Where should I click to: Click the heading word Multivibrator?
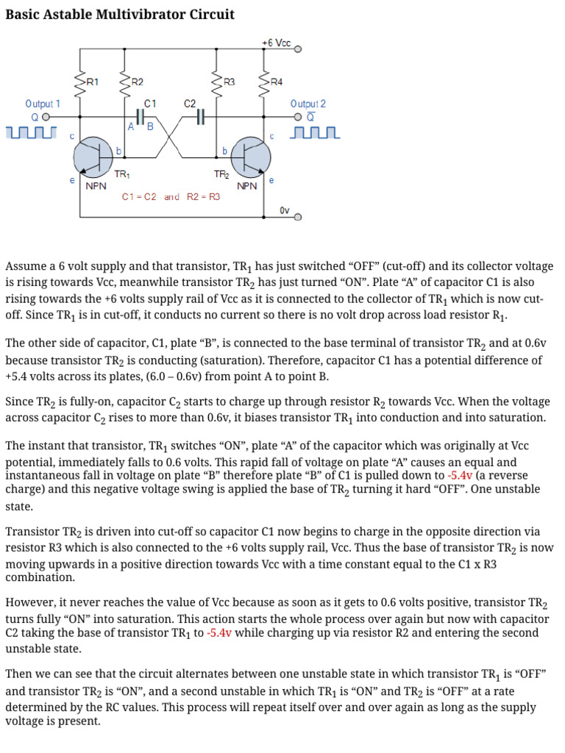(146, 14)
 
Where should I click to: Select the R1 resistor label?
(93, 82)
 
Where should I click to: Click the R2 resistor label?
(137, 82)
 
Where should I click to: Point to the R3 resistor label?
(229, 82)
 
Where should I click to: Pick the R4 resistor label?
(276, 82)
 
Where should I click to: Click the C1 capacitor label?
(150, 104)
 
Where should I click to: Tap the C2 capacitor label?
(190, 104)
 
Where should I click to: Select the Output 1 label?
(43, 104)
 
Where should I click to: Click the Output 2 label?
(308, 104)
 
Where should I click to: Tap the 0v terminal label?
(284, 211)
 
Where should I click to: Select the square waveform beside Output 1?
(30, 133)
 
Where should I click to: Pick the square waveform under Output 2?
(316, 133)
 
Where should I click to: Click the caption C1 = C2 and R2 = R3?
(171, 197)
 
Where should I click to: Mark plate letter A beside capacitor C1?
(130, 126)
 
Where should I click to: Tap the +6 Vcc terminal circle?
(298, 50)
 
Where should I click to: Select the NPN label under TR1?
(96, 187)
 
